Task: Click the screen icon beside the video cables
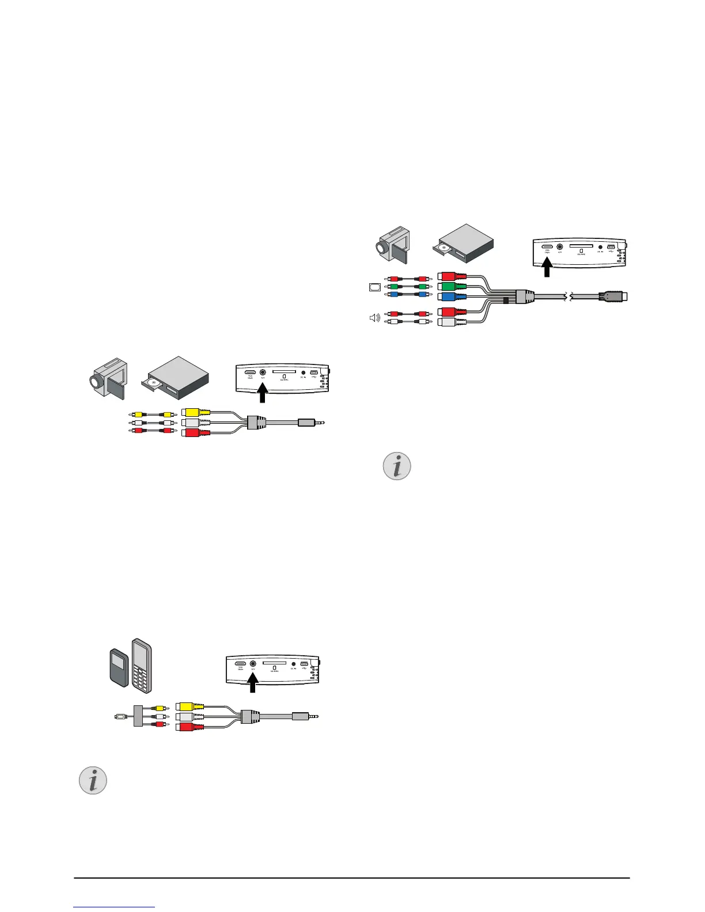pyautogui.click(x=374, y=286)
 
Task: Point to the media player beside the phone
pyautogui.click(x=119, y=667)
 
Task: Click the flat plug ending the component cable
pyautogui.click(x=614, y=297)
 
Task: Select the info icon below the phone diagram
pyautogui.click(x=93, y=780)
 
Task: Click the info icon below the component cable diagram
pyautogui.click(x=397, y=466)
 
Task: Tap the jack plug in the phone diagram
pyautogui.click(x=305, y=717)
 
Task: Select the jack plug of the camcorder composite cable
pyautogui.click(x=311, y=423)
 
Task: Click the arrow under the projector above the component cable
pyautogui.click(x=547, y=267)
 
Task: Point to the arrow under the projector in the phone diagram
pyautogui.click(x=252, y=686)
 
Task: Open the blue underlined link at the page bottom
pyautogui.click(x=115, y=908)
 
